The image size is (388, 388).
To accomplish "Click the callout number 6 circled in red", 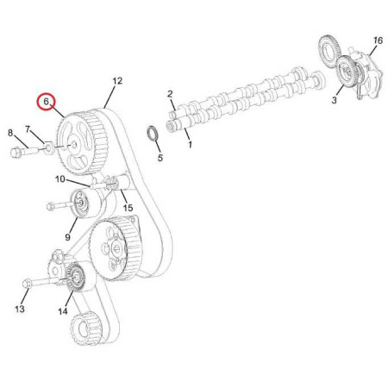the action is click(x=46, y=102).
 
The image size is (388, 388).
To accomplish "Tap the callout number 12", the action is click(x=117, y=81).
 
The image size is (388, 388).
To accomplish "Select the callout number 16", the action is click(x=378, y=41).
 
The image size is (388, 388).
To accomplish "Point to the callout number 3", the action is click(x=334, y=100).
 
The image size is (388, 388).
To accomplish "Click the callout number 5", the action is click(x=160, y=158).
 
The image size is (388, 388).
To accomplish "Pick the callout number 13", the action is click(x=20, y=310).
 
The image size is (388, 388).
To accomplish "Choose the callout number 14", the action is click(x=63, y=311).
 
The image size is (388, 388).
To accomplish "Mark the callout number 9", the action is click(x=67, y=237).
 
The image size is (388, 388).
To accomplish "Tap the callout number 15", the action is click(x=128, y=208).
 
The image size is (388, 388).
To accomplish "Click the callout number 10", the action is click(x=60, y=179).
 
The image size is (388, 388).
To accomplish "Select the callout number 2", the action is click(x=170, y=94).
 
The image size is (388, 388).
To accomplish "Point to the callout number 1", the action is click(x=190, y=144).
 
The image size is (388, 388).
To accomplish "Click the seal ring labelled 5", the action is click(x=153, y=134).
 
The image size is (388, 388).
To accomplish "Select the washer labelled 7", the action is click(x=49, y=147).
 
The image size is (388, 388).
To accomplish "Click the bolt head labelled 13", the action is click(x=26, y=284).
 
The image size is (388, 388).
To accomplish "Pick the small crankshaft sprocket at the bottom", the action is click(x=84, y=329).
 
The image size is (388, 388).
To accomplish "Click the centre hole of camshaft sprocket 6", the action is click(x=74, y=144).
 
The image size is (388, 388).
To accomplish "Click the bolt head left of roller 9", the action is click(x=51, y=206).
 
